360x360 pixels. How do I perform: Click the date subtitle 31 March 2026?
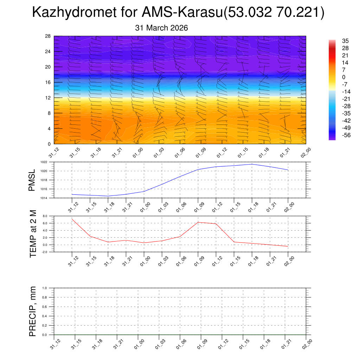click(161, 28)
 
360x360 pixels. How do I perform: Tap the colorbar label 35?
click(346, 41)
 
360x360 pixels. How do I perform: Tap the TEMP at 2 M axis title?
click(33, 233)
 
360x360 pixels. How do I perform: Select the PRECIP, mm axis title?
click(33, 311)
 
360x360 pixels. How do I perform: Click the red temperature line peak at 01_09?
click(198, 222)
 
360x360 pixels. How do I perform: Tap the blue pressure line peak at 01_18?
click(252, 164)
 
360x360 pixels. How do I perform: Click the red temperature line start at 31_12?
click(72, 219)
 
